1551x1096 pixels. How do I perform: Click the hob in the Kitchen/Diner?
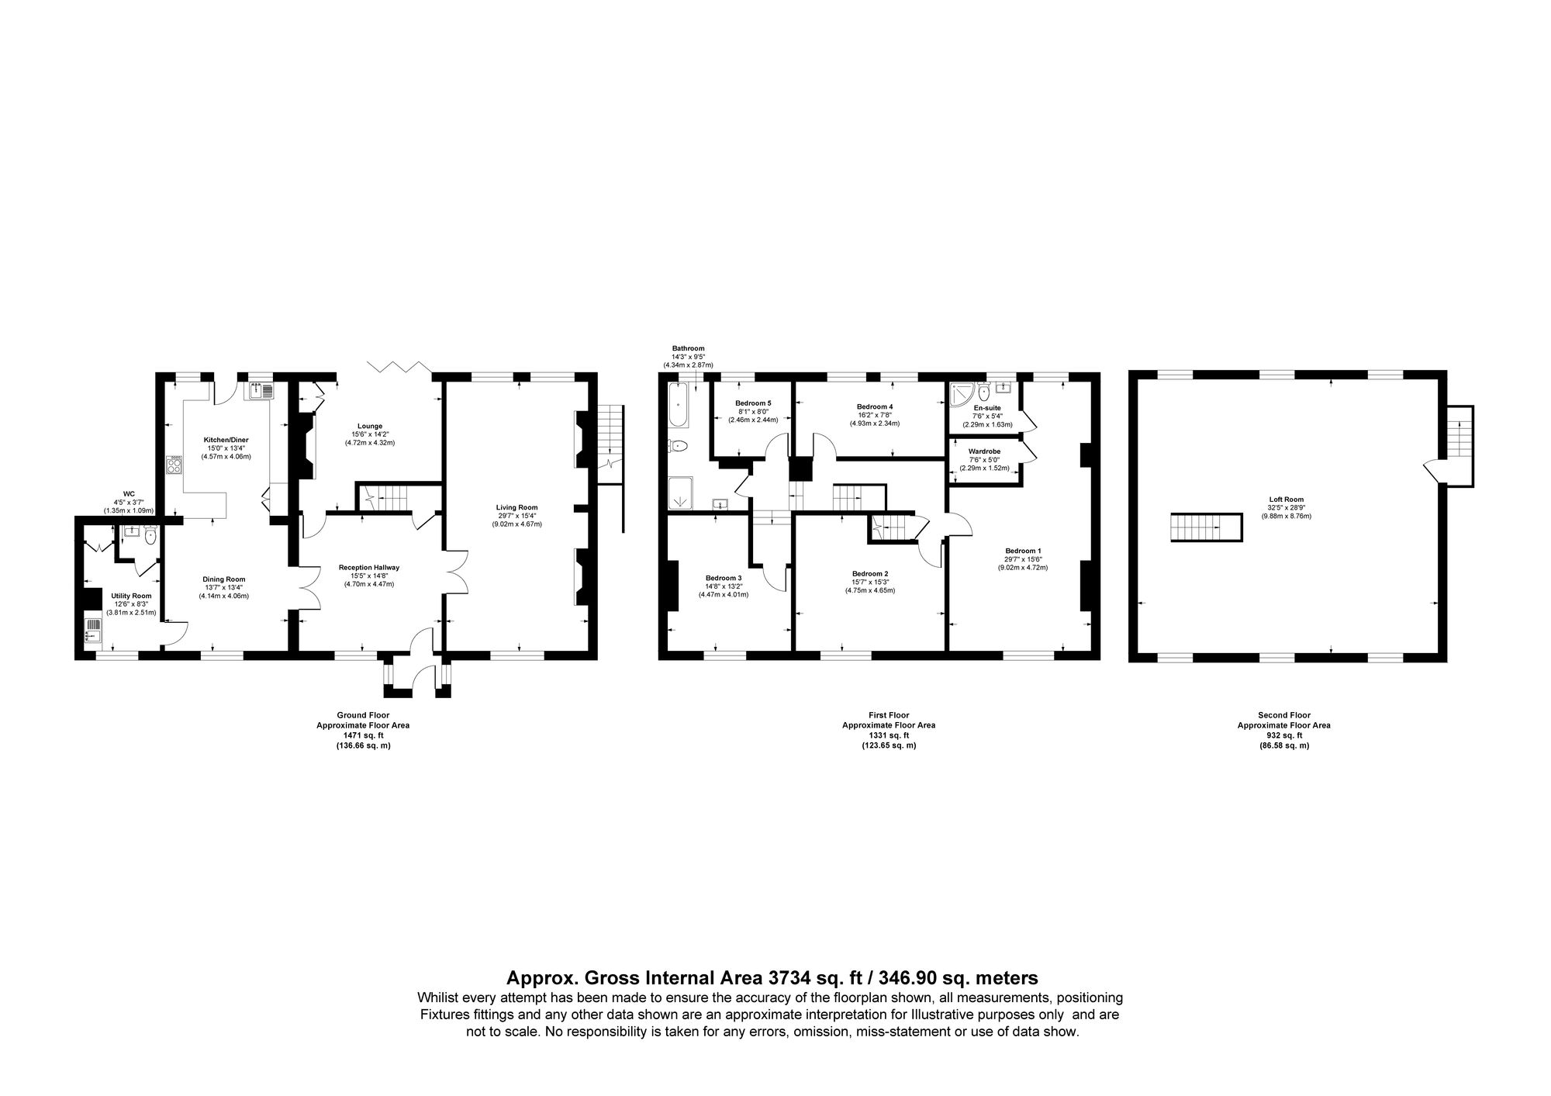tap(174, 465)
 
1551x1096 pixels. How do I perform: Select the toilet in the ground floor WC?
tap(150, 534)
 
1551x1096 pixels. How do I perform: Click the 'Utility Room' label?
tap(131, 596)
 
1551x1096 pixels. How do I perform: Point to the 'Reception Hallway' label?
tap(369, 567)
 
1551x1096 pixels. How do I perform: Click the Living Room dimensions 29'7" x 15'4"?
tap(516, 516)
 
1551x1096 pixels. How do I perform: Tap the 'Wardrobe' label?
tap(984, 451)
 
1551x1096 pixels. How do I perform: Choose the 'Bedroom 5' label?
tap(753, 403)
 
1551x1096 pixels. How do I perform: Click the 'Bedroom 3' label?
tap(724, 578)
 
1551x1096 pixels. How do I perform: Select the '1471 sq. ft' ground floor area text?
tap(362, 735)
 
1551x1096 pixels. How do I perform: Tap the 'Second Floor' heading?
tap(1283, 715)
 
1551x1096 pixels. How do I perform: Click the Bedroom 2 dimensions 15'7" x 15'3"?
tap(869, 590)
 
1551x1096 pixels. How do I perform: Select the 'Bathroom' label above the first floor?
tap(688, 348)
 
